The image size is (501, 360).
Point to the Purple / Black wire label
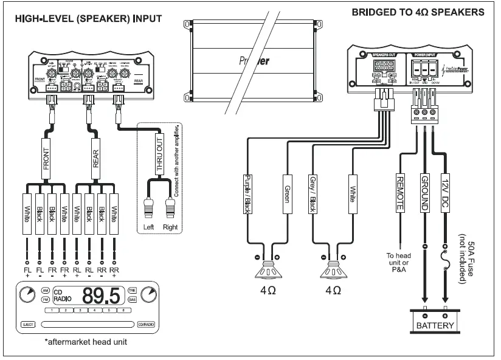247,194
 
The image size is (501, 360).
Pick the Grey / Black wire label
313,194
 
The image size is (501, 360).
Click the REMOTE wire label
399,194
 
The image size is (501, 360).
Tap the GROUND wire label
424,194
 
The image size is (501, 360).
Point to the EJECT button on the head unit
27,325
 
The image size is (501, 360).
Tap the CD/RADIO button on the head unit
146,325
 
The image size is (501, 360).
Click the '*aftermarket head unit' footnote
85,342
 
